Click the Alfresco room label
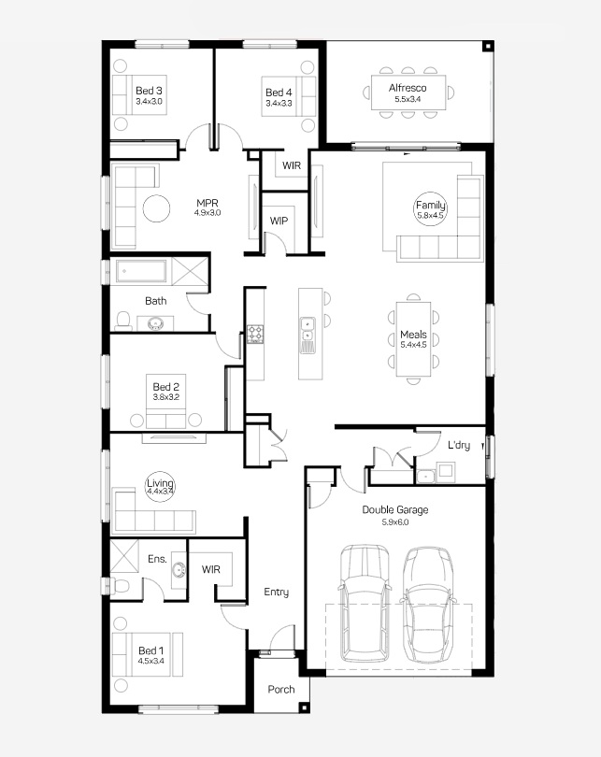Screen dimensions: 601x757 [x=408, y=88]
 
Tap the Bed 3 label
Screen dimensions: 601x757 [x=149, y=91]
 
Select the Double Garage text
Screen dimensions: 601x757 [x=394, y=510]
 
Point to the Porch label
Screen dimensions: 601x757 [x=281, y=690]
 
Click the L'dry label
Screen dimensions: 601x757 [x=459, y=445]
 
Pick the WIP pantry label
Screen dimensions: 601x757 [x=279, y=221]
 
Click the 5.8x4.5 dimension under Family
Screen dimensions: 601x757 [x=430, y=216]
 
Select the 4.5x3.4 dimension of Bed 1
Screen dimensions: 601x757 [x=151, y=661]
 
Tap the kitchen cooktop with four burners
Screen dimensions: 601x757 [x=255, y=334]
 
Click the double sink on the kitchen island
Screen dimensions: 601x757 [x=307, y=329]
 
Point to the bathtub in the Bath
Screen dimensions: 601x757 [x=142, y=271]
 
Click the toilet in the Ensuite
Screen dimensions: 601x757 [x=120, y=585]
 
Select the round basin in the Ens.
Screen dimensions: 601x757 [x=179, y=571]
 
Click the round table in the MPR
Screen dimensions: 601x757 [x=156, y=208]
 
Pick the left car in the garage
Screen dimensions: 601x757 [x=365, y=604]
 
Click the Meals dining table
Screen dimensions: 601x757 [x=413, y=339]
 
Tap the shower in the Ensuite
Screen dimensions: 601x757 [x=124, y=556]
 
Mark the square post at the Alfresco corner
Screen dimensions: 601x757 [x=488, y=47]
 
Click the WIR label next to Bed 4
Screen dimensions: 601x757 [x=292, y=165]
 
